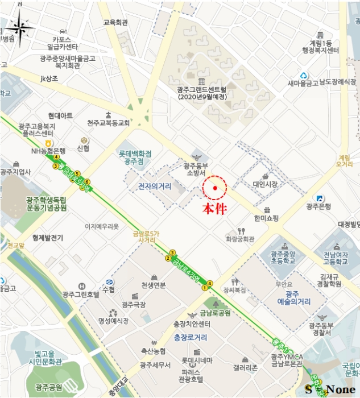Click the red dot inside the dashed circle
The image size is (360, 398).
[215, 188]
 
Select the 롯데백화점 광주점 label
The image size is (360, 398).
[135, 157]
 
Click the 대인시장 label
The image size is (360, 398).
[265, 184]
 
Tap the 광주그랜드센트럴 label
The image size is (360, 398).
[202, 93]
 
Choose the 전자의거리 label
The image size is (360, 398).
[154, 185]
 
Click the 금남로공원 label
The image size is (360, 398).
[215, 313]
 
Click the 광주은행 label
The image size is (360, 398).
[318, 206]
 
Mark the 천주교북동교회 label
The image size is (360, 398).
[109, 123]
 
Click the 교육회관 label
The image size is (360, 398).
[115, 23]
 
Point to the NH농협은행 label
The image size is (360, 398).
[48, 151]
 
